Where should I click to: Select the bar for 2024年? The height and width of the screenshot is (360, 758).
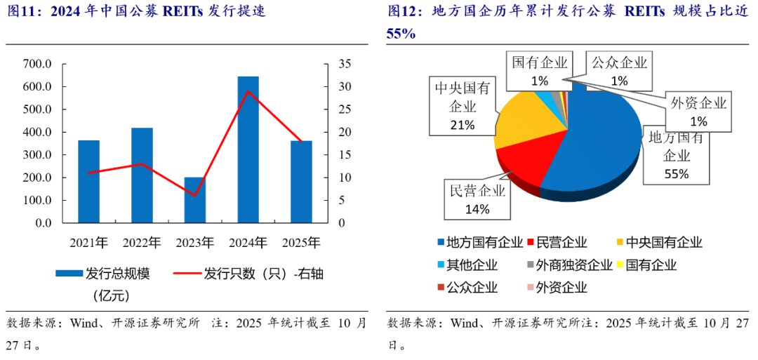click(x=248, y=149)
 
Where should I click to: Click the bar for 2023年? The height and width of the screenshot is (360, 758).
click(x=195, y=200)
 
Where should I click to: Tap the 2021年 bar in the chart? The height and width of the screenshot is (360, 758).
click(x=88, y=182)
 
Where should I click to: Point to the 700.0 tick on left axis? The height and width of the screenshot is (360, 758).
click(x=38, y=64)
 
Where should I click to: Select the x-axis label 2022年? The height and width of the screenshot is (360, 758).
click(x=142, y=244)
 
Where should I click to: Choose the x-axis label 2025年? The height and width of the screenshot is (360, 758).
click(x=301, y=244)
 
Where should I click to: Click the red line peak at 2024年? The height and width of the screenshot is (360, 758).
click(x=248, y=91)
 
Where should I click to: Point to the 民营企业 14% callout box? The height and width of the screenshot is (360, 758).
click(x=477, y=199)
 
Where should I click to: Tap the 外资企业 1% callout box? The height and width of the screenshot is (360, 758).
click(x=698, y=112)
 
